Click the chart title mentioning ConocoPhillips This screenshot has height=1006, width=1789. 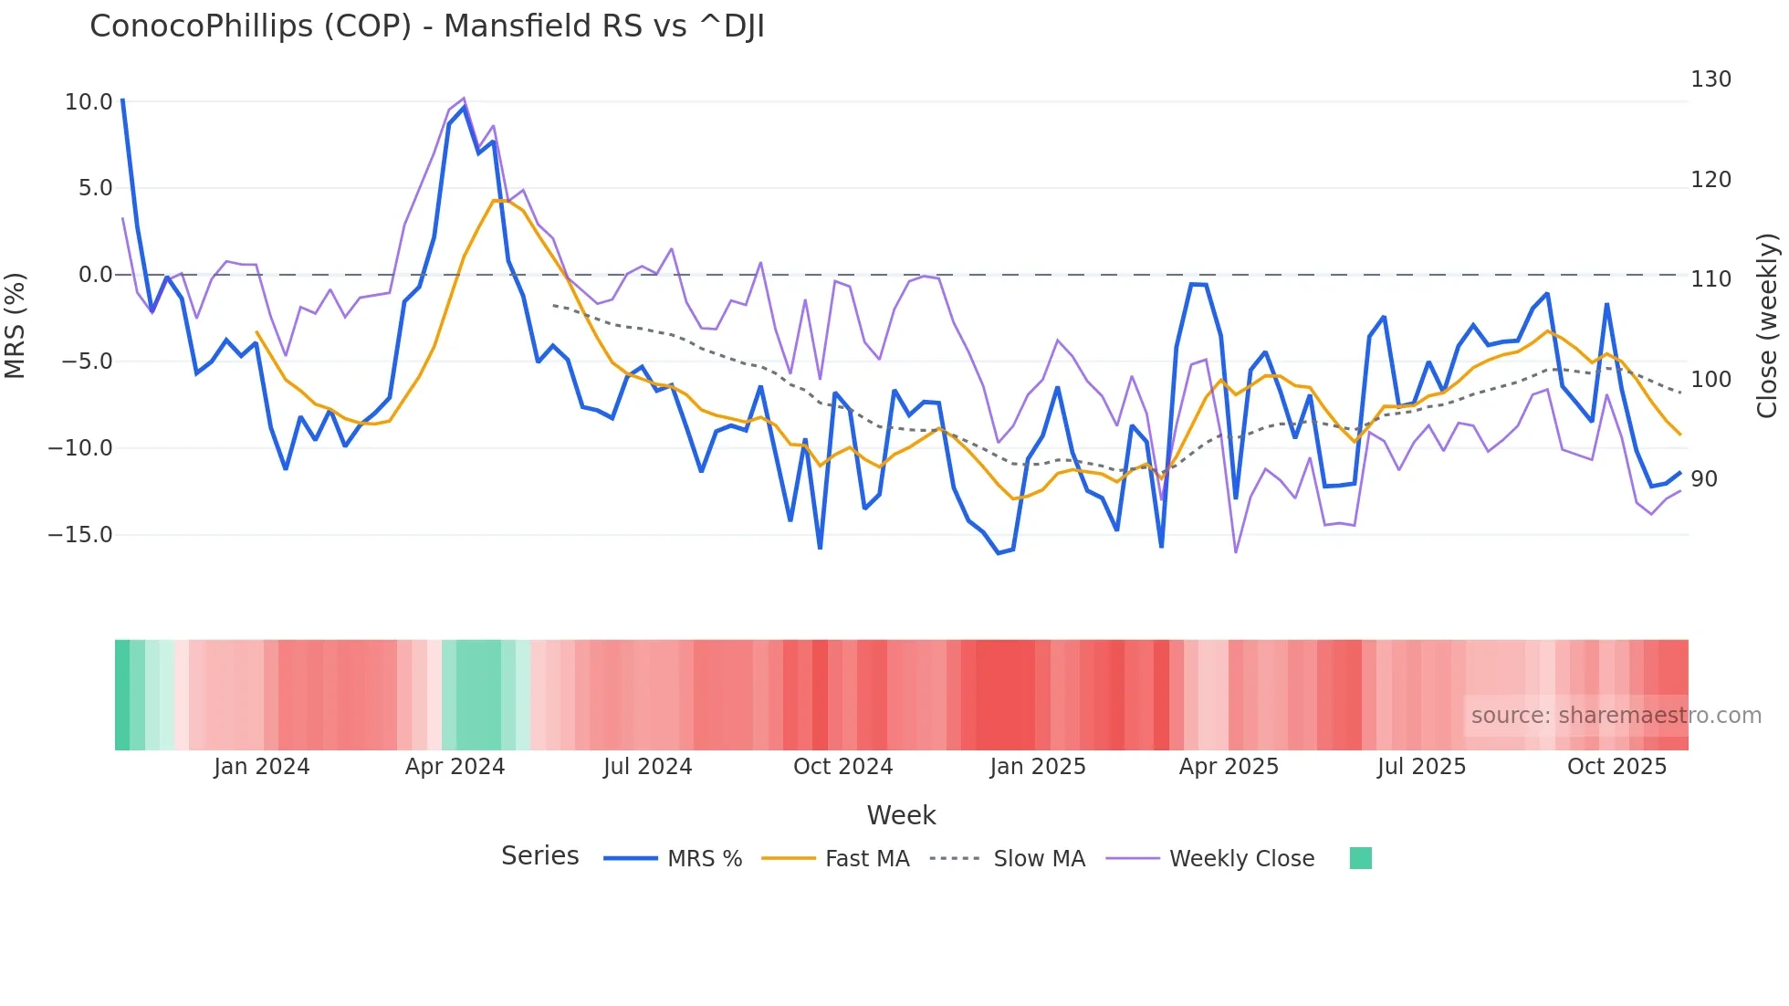click(426, 26)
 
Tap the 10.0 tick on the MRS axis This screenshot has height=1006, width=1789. click(89, 102)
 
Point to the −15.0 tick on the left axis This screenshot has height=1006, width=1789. click(80, 535)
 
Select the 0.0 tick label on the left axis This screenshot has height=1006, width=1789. click(95, 275)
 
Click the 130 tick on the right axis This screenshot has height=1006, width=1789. click(1711, 79)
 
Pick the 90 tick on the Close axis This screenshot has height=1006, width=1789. click(1704, 479)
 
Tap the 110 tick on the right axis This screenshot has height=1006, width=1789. click(1711, 279)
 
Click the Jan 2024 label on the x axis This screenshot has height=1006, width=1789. click(262, 767)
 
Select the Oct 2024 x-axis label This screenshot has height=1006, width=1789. click(842, 767)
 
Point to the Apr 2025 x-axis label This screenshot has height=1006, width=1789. click(1229, 767)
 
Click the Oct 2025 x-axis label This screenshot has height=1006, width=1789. click(1616, 767)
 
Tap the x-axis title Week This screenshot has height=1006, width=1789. click(901, 815)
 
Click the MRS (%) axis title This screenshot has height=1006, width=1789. click(16, 326)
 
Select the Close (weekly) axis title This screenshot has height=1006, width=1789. click(1768, 326)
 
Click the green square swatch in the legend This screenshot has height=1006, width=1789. click(1360, 858)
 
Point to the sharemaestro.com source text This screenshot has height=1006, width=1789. click(1616, 716)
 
